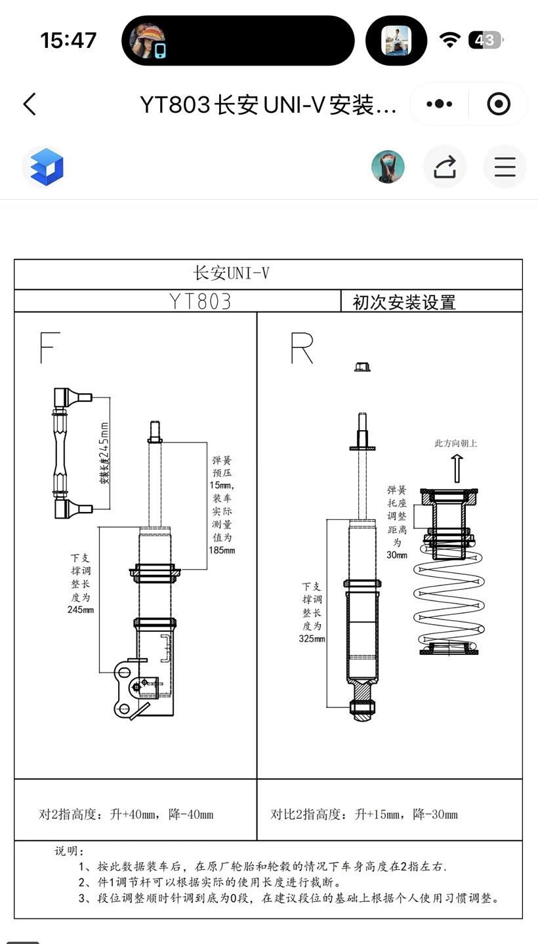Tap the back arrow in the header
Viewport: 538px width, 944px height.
(x=30, y=104)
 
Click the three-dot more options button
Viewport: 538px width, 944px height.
(x=439, y=104)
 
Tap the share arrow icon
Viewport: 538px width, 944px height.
(x=444, y=167)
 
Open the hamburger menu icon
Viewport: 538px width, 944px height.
(x=505, y=167)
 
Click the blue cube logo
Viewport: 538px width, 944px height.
(x=46, y=167)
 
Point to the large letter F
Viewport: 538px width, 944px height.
(x=49, y=347)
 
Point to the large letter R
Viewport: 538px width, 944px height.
(x=302, y=347)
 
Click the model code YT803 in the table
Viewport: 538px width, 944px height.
(x=200, y=301)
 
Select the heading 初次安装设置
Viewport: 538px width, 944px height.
(x=404, y=302)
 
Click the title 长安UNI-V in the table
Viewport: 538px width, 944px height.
(x=231, y=273)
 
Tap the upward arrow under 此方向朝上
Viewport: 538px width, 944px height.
(x=457, y=468)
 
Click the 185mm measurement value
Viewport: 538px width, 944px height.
(x=222, y=550)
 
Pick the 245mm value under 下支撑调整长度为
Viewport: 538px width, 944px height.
(x=80, y=610)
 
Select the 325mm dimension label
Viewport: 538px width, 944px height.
(x=312, y=639)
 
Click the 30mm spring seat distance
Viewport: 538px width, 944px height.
(x=397, y=555)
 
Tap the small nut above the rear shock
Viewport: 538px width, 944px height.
(x=362, y=366)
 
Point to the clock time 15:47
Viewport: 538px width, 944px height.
(x=68, y=40)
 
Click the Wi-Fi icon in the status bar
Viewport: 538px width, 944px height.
(x=449, y=40)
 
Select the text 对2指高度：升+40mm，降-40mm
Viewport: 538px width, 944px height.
(x=126, y=814)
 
